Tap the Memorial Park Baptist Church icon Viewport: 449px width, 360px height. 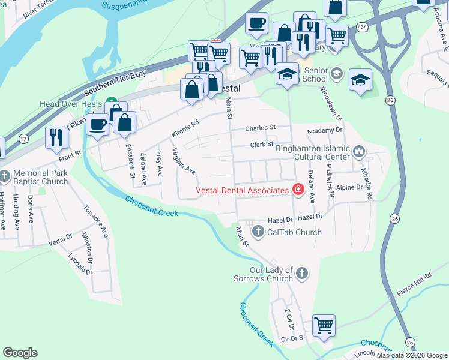[5, 176]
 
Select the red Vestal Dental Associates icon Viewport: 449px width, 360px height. [297, 190]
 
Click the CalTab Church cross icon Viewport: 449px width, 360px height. [258, 232]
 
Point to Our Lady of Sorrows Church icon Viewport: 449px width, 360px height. [301, 274]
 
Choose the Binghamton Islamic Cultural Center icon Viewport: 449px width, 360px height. [359, 151]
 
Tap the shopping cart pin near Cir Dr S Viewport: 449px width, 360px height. [324, 325]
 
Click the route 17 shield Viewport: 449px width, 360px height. [23, 139]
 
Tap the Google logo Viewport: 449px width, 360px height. [20, 353]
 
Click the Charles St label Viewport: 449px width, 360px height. [260, 128]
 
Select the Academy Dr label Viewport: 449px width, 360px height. [324, 130]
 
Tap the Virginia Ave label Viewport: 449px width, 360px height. [184, 161]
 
